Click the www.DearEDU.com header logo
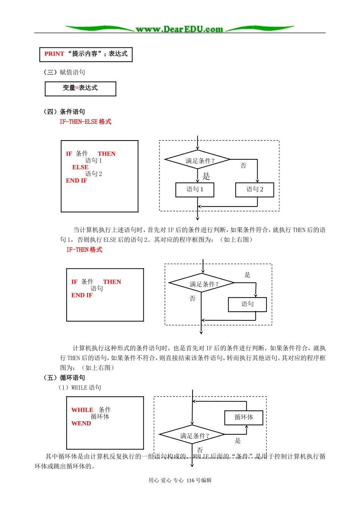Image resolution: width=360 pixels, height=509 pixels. point(179,29)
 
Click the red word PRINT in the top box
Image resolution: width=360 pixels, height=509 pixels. point(54,54)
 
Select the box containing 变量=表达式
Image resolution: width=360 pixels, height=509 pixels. point(80,89)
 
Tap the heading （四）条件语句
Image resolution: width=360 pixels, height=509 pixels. point(64,111)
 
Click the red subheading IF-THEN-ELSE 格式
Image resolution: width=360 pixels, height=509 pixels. point(86,122)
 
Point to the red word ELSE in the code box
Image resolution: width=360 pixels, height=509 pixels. point(80,167)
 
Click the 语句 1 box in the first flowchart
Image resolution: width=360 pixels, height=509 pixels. point(195,190)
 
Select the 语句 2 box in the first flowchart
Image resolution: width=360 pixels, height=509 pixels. point(255,190)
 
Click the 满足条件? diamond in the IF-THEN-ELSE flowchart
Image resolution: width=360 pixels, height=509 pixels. point(197,160)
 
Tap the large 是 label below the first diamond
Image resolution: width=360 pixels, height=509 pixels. point(206,176)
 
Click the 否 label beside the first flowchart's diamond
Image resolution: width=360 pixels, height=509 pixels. point(243,166)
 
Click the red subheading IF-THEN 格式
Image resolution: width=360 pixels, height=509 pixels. point(84,250)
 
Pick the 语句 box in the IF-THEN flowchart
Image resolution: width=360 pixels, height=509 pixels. point(247,304)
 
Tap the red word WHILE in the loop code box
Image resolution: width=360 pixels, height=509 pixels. point(82,410)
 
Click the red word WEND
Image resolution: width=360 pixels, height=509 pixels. point(81,423)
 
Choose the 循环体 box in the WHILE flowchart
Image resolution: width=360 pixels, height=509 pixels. point(244,418)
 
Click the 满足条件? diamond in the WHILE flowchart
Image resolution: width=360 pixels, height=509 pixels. point(193,436)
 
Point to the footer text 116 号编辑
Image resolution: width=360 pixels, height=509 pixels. point(199,480)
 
